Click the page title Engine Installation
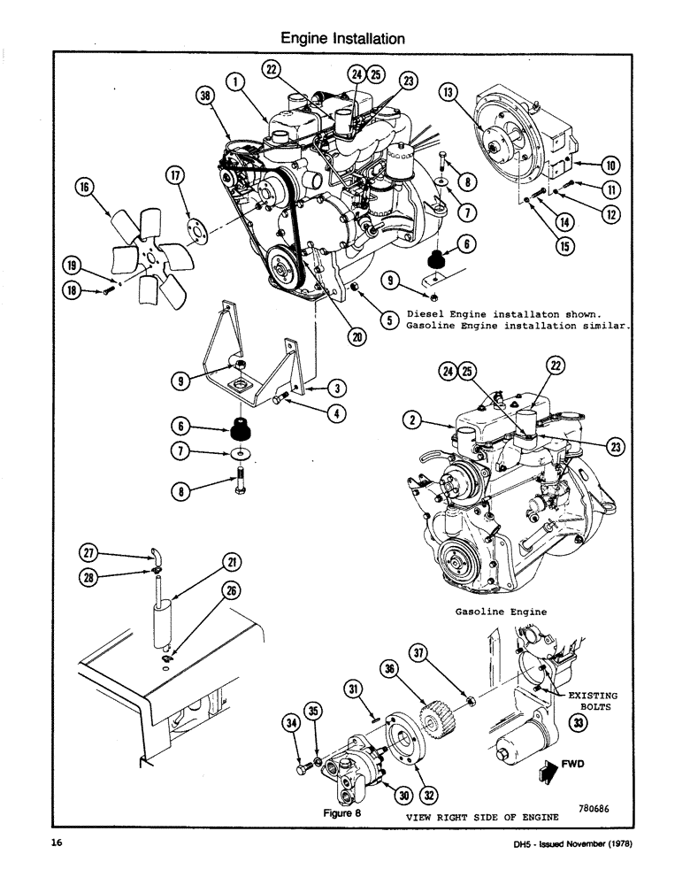[x=343, y=38]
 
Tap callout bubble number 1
[x=234, y=82]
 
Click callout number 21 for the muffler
[x=231, y=562]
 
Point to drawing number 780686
[x=597, y=806]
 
